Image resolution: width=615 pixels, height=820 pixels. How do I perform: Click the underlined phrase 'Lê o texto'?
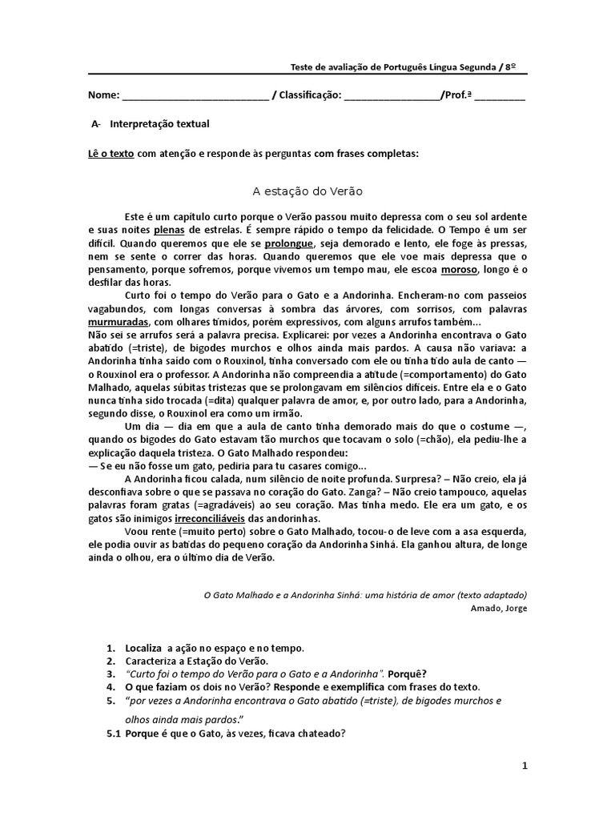pyautogui.click(x=111, y=153)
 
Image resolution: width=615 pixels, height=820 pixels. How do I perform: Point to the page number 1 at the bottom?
pyautogui.click(x=525, y=766)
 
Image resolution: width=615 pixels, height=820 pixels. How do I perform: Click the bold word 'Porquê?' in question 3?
pyautogui.click(x=408, y=673)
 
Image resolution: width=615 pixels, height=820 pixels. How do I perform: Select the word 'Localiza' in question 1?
pyautogui.click(x=145, y=647)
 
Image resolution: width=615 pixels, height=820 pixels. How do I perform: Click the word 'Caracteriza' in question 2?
pyautogui.click(x=152, y=661)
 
